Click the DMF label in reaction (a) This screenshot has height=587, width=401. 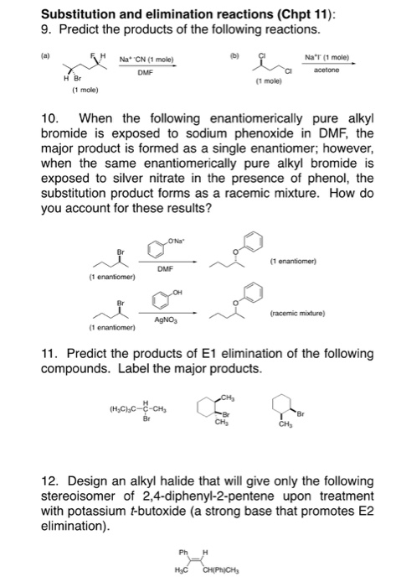click(149, 73)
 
